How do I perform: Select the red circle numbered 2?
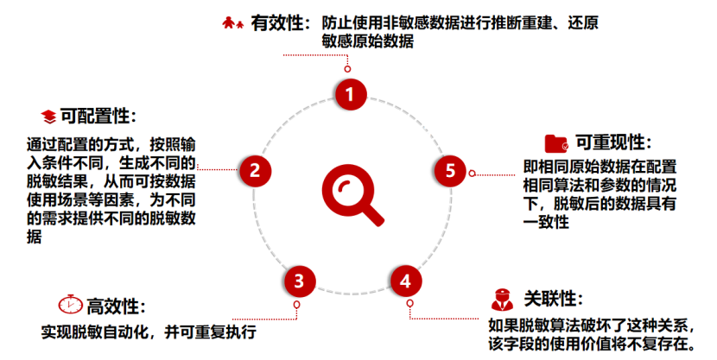[x=255, y=170]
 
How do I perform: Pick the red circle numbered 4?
[x=405, y=280]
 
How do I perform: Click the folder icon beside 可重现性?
[x=556, y=142]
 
